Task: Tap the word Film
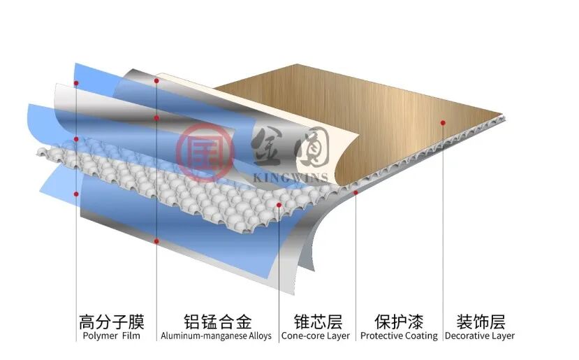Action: [x=130, y=336]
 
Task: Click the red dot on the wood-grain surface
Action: [x=443, y=122]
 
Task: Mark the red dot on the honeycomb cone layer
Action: [x=279, y=205]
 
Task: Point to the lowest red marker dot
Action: [x=156, y=241]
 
